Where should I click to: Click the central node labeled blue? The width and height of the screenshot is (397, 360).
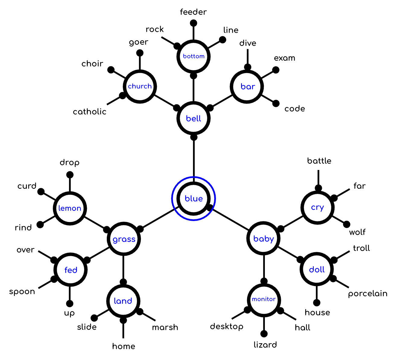point(193,198)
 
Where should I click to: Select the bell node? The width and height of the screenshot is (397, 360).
point(193,118)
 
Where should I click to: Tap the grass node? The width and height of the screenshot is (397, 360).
point(124,239)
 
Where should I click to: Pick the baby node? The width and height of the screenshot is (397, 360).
point(264,239)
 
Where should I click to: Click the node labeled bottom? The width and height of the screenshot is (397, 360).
point(193,56)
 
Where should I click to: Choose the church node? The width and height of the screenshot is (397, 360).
point(140,86)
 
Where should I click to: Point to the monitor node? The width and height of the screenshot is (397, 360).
point(264,299)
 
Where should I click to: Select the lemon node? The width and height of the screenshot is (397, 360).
point(70,208)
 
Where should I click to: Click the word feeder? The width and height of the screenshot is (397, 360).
point(193,12)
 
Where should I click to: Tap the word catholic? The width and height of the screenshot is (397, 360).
point(90,112)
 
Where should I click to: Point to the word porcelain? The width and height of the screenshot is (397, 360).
point(367,294)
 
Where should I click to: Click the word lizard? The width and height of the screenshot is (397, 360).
point(265,345)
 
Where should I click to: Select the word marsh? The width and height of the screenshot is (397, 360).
point(165,327)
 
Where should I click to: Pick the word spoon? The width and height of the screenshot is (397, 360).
point(22,291)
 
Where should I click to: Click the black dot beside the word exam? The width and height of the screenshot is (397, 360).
point(276,70)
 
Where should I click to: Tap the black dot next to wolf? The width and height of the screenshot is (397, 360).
point(347,224)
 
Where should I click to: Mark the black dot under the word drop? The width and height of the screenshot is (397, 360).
point(70,175)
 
